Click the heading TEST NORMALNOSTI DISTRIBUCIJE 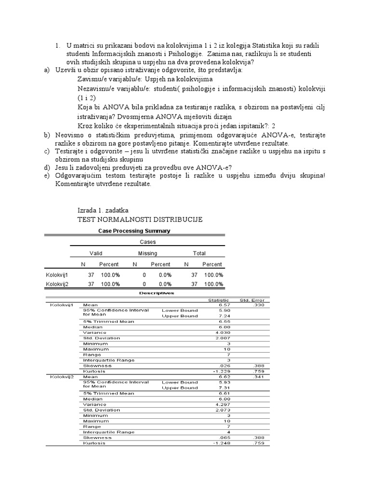pos(140,220)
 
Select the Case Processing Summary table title pos(134,231)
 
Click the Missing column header pos(147,253)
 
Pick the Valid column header pos(96,253)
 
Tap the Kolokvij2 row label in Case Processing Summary pos(57,284)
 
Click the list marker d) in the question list pos(47,167)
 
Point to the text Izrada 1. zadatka pos(103,210)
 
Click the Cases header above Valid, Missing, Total pos(147,242)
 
